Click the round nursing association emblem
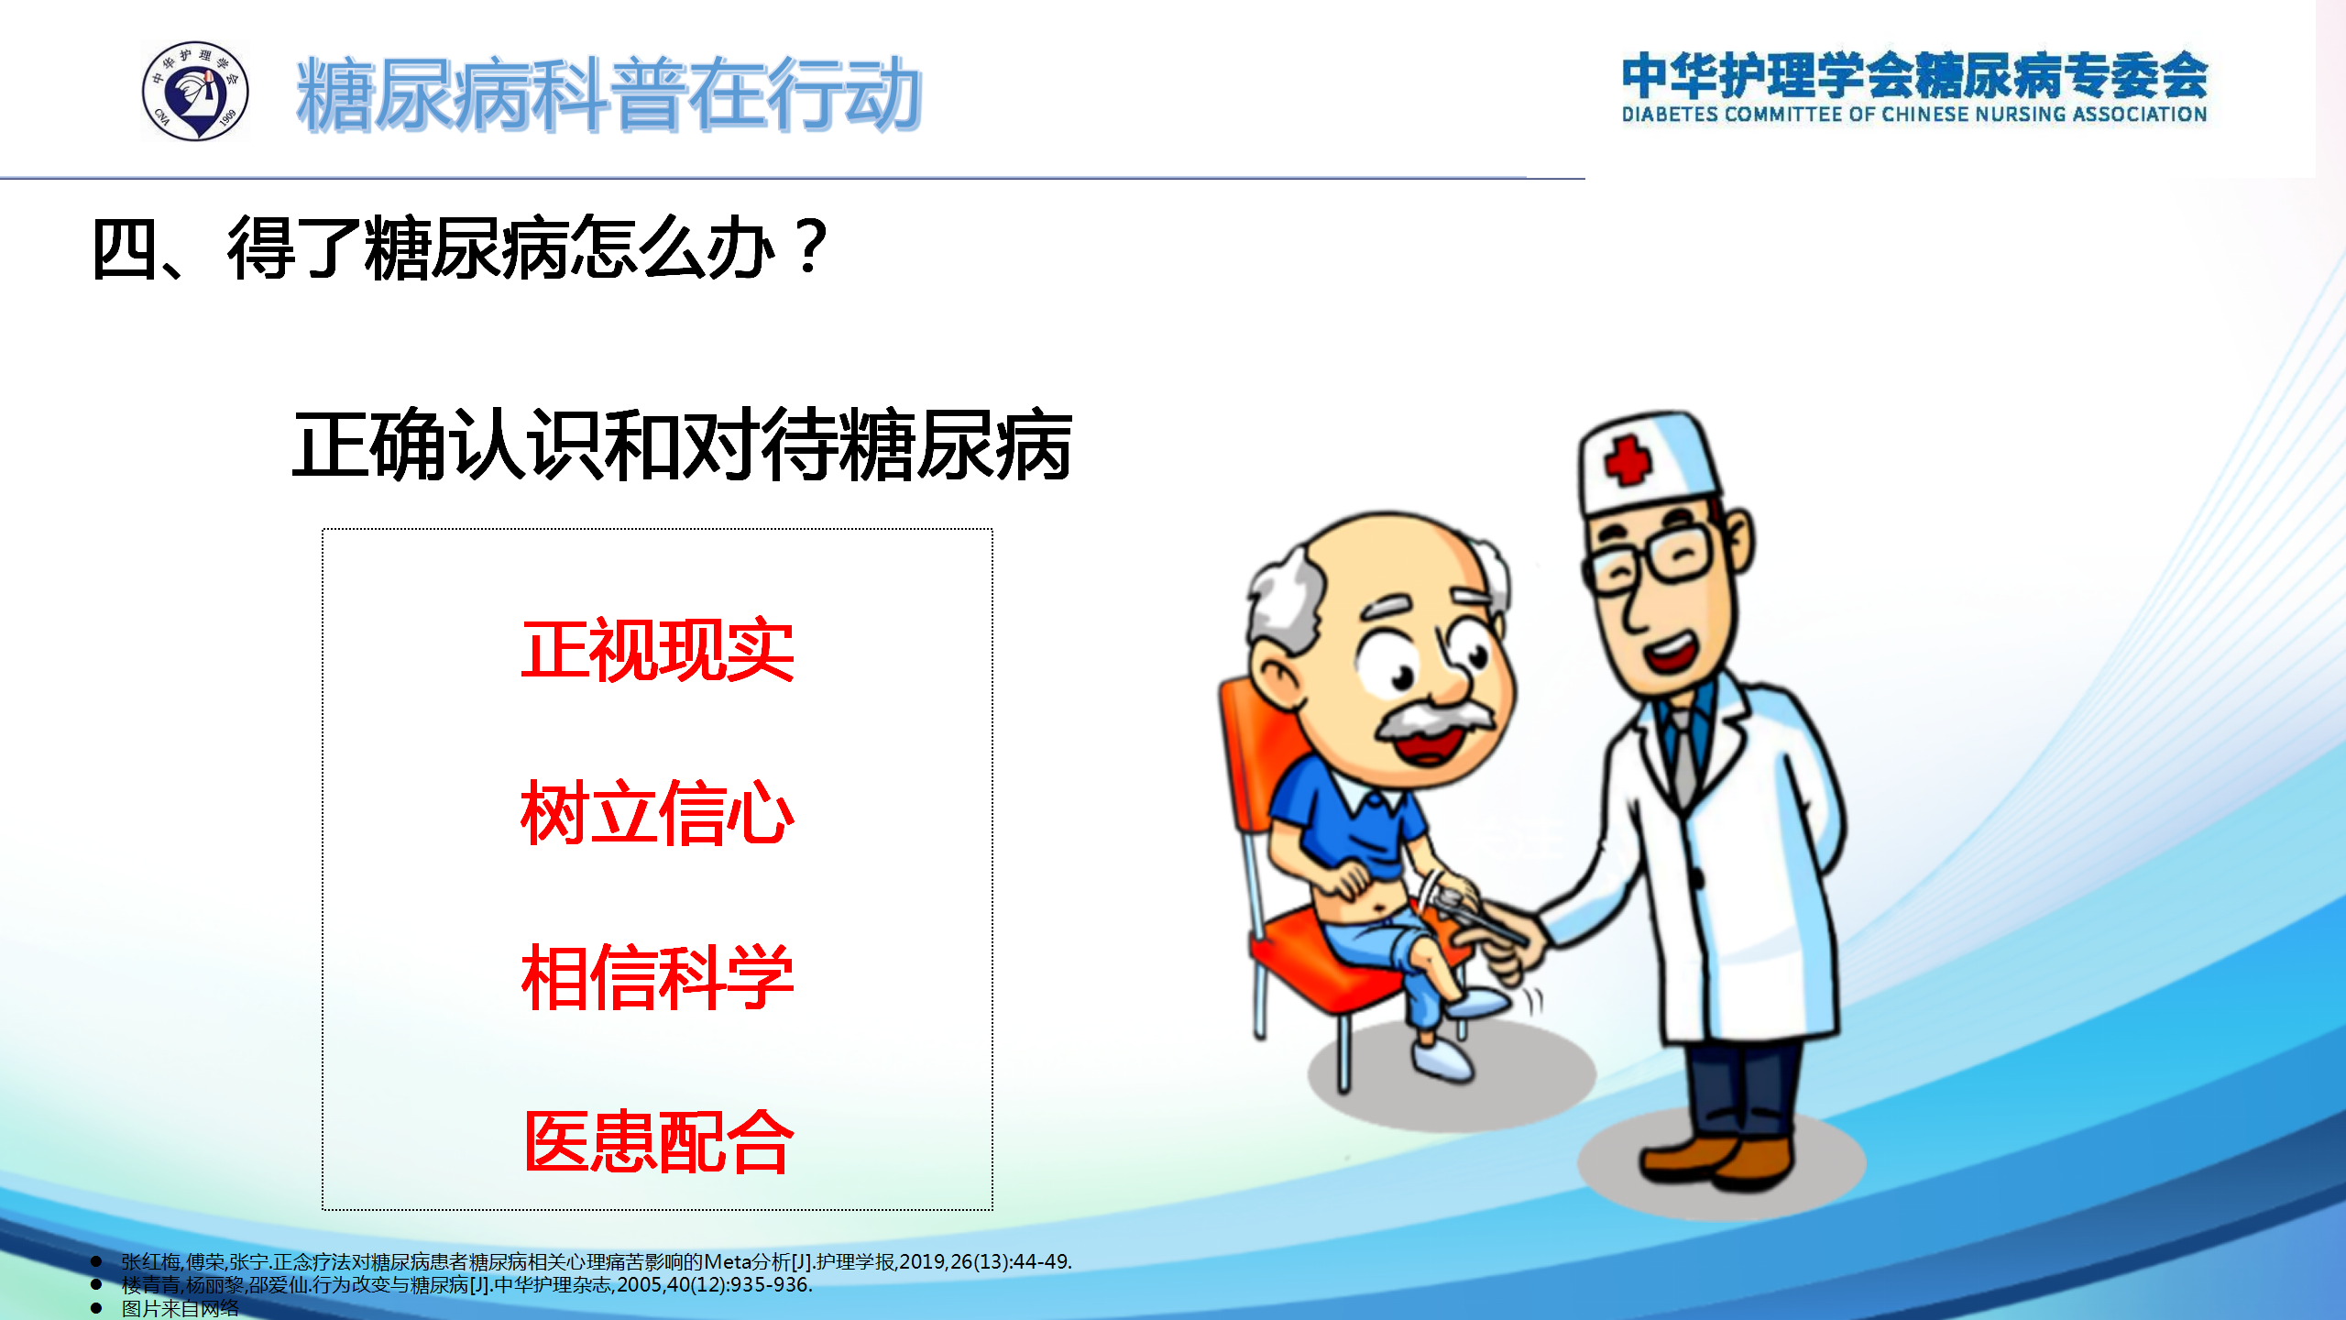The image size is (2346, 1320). coord(195,91)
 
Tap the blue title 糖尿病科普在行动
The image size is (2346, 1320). coord(608,93)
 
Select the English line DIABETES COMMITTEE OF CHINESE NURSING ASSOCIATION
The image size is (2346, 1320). coord(1914,115)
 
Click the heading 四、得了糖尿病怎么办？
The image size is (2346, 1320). coord(461,247)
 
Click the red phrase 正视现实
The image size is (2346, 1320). coord(657,651)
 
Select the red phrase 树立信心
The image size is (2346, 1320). coord(657,813)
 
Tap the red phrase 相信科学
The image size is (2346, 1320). coord(657,977)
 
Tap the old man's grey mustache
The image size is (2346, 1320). coord(1434,720)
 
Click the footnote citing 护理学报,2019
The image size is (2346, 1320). coord(596,1261)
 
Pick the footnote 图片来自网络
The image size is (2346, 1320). coord(180,1308)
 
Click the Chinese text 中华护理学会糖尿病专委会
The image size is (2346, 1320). coord(1914,75)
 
